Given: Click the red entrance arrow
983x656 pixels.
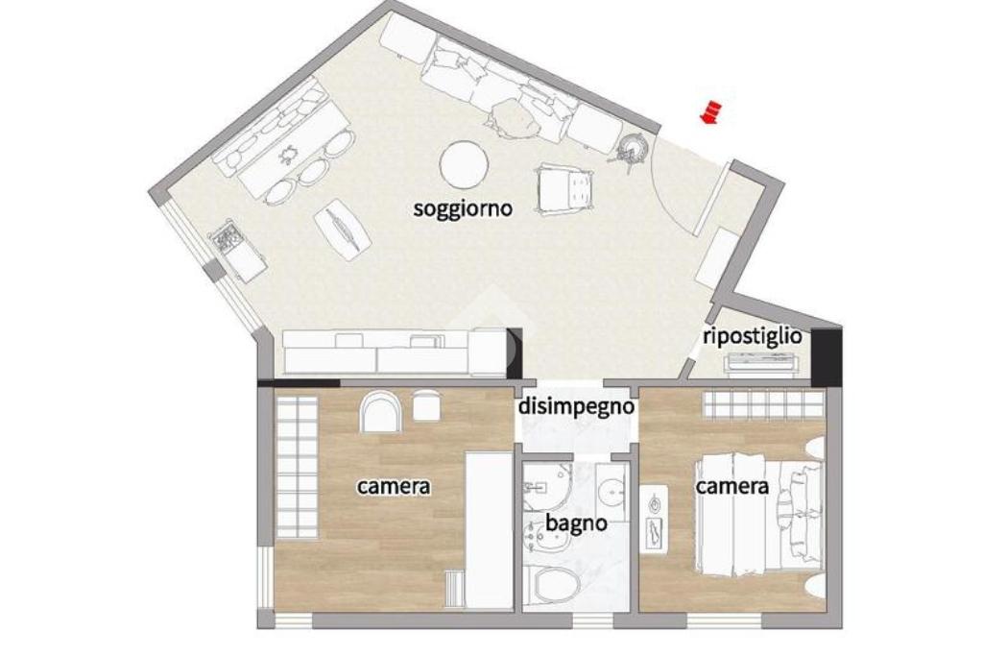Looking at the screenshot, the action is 710,112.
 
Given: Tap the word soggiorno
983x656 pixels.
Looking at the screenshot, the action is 463,208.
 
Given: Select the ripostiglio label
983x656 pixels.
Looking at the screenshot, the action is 753,336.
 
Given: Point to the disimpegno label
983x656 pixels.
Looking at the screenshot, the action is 576,406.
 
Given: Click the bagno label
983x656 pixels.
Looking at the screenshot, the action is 576,522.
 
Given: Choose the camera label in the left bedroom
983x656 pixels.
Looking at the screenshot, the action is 394,486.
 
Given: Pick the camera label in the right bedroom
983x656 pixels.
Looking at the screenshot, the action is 732,486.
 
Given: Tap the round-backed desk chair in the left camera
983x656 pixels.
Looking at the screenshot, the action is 380,411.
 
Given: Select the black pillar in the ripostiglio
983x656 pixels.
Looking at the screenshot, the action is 827,356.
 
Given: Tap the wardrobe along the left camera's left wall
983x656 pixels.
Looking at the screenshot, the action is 297,468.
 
